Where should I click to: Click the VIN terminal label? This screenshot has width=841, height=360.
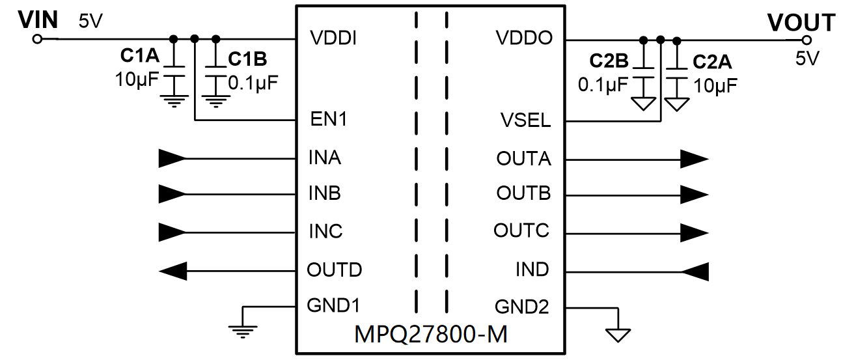(x=38, y=20)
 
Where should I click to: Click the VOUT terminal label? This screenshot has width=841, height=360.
(x=801, y=22)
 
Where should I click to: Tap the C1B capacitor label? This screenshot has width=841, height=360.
(x=247, y=59)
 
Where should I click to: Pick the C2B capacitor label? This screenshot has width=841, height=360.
(x=609, y=62)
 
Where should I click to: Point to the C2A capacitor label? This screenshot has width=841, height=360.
(x=712, y=62)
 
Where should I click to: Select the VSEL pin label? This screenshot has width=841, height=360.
(x=526, y=120)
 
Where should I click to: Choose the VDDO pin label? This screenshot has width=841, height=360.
(x=525, y=38)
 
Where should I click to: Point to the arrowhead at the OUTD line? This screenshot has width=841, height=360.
(x=173, y=270)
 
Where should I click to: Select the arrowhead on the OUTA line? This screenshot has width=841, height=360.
(x=694, y=158)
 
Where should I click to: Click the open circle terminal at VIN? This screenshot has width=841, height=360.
(x=37, y=39)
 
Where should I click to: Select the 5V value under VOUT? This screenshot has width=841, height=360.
(x=807, y=58)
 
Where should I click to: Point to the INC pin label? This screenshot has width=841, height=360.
(x=325, y=232)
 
